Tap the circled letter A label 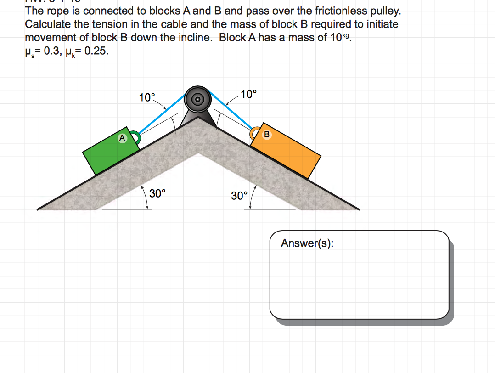coord(122,137)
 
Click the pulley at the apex coord(198,98)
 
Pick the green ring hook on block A coord(135,137)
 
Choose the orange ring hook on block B coord(254,134)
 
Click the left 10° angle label coord(147,97)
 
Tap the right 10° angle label coord(248,95)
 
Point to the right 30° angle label coord(239,196)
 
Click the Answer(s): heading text coord(307,243)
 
